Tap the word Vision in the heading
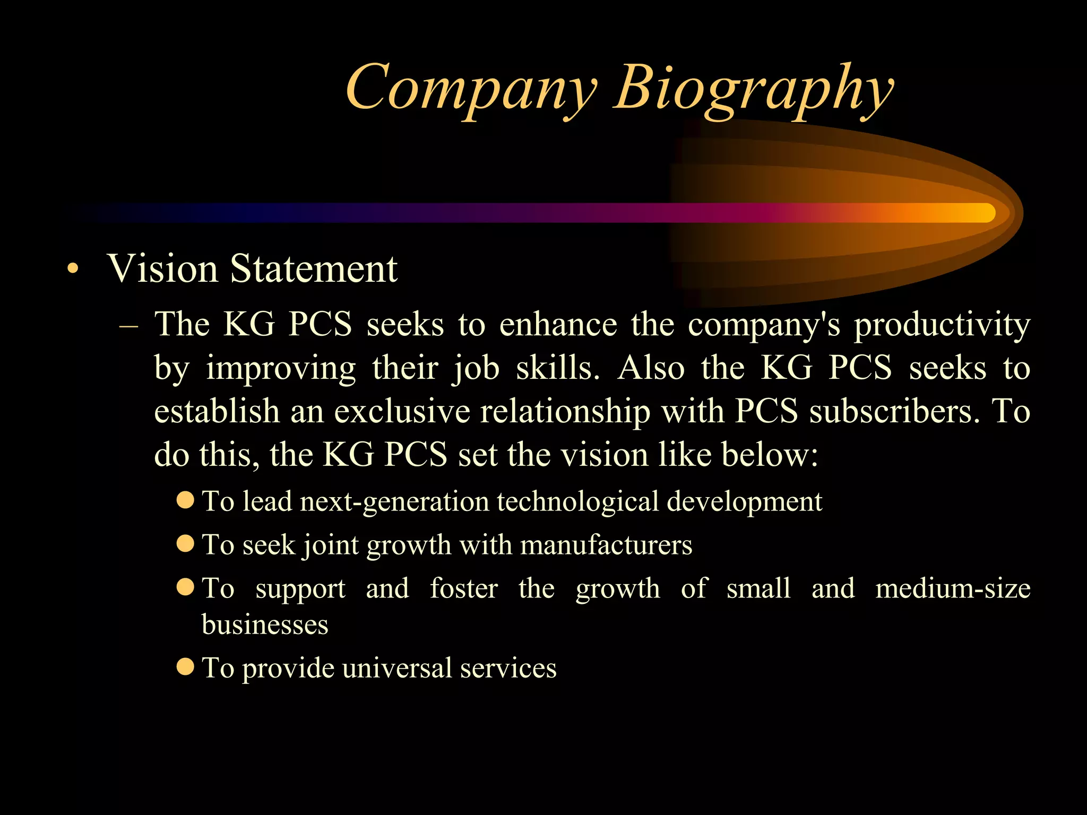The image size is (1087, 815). pos(162,268)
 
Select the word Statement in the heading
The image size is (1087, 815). pos(314,268)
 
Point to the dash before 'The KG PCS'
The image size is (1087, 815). pos(129,325)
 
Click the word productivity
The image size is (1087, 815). pos(942,325)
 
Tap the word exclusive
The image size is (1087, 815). pos(402,411)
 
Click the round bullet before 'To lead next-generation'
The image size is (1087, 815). pos(185,500)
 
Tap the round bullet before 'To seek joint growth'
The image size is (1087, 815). pos(185,543)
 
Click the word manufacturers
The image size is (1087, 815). pos(606,545)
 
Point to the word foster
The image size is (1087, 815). pos(463,588)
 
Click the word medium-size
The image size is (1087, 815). pos(953,588)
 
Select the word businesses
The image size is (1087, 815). pos(265,625)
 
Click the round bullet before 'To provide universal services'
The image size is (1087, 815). pos(185,666)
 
